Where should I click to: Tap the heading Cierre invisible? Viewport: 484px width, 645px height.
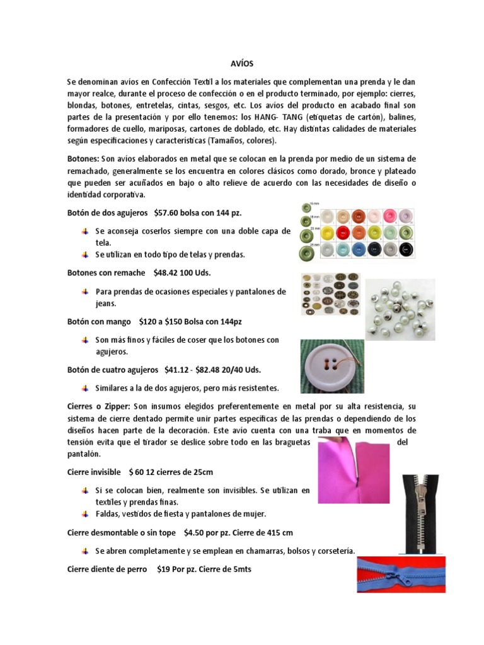point(94,471)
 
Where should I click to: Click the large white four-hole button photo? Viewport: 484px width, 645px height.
point(331,366)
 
